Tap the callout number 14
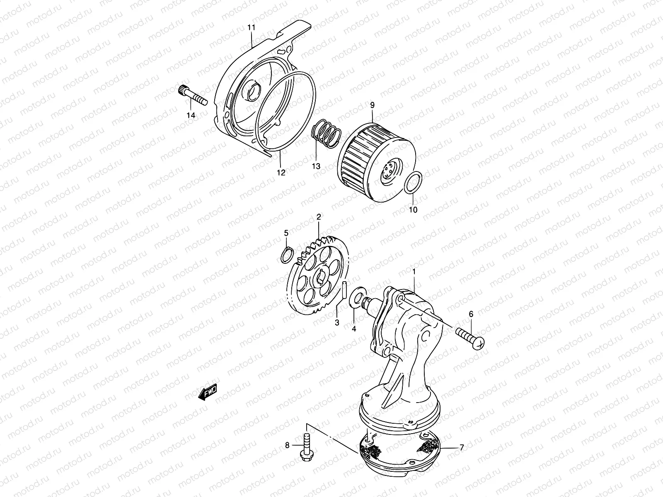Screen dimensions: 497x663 click(x=191, y=116)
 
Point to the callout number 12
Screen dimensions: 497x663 click(x=281, y=173)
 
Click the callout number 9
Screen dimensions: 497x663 click(x=372, y=94)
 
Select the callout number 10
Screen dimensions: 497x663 click(x=413, y=210)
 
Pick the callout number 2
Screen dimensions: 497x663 click(x=319, y=217)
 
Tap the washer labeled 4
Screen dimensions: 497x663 click(x=356, y=297)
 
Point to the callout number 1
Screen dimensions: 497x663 click(x=413, y=271)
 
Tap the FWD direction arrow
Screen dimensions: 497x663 click(x=208, y=391)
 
